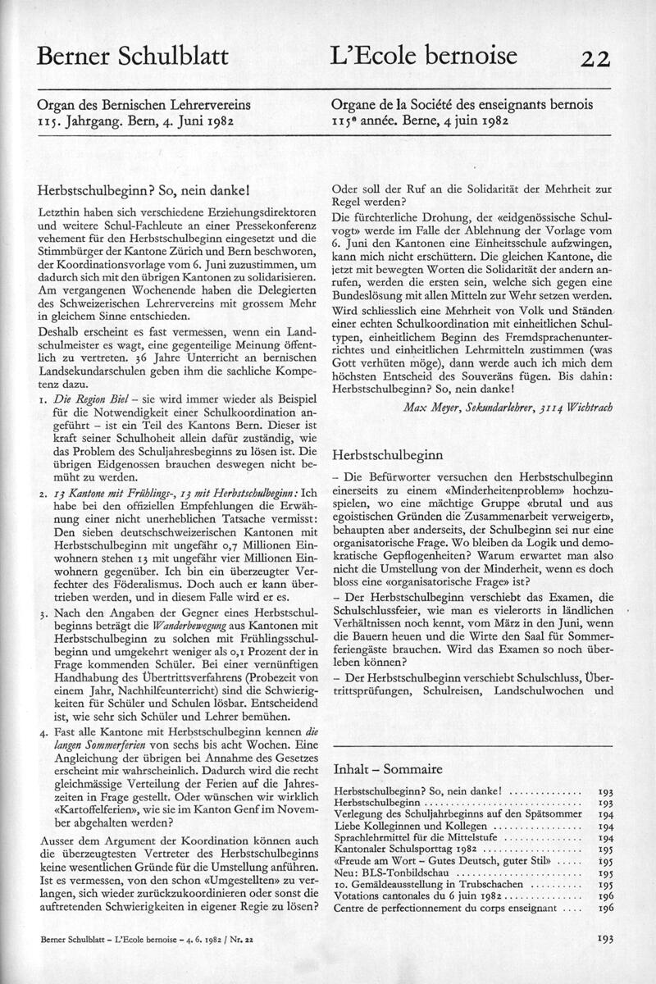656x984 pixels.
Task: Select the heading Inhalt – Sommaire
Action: [x=388, y=769]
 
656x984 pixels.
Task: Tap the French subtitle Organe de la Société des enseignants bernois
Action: [x=462, y=105]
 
